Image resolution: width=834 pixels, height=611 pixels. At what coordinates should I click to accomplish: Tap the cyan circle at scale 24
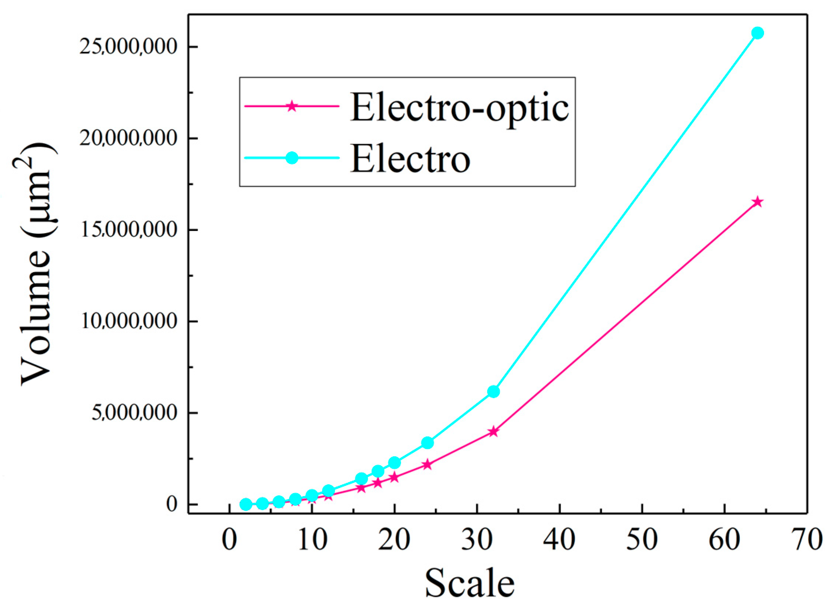[x=428, y=443]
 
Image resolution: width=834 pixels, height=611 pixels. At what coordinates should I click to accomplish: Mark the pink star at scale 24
[x=428, y=464]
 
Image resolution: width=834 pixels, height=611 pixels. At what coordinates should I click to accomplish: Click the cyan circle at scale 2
[x=246, y=504]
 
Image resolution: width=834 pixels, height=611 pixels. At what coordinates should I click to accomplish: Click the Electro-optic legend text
[x=459, y=108]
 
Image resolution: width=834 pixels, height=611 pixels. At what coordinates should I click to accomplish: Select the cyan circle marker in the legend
[x=292, y=158]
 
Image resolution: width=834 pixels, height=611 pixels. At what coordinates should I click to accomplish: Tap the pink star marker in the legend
[x=292, y=106]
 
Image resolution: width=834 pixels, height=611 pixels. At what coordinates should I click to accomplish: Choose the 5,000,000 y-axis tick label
[x=134, y=412]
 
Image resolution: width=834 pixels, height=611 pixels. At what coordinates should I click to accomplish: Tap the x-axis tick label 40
[x=559, y=540]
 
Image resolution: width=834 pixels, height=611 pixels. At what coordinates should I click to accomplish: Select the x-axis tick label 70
[x=808, y=540]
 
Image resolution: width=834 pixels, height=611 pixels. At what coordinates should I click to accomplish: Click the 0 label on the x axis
[x=229, y=540]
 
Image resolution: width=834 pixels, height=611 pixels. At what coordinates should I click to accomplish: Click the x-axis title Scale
[x=470, y=584]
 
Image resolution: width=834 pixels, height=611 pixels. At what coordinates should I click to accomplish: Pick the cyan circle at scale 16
[x=361, y=478]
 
